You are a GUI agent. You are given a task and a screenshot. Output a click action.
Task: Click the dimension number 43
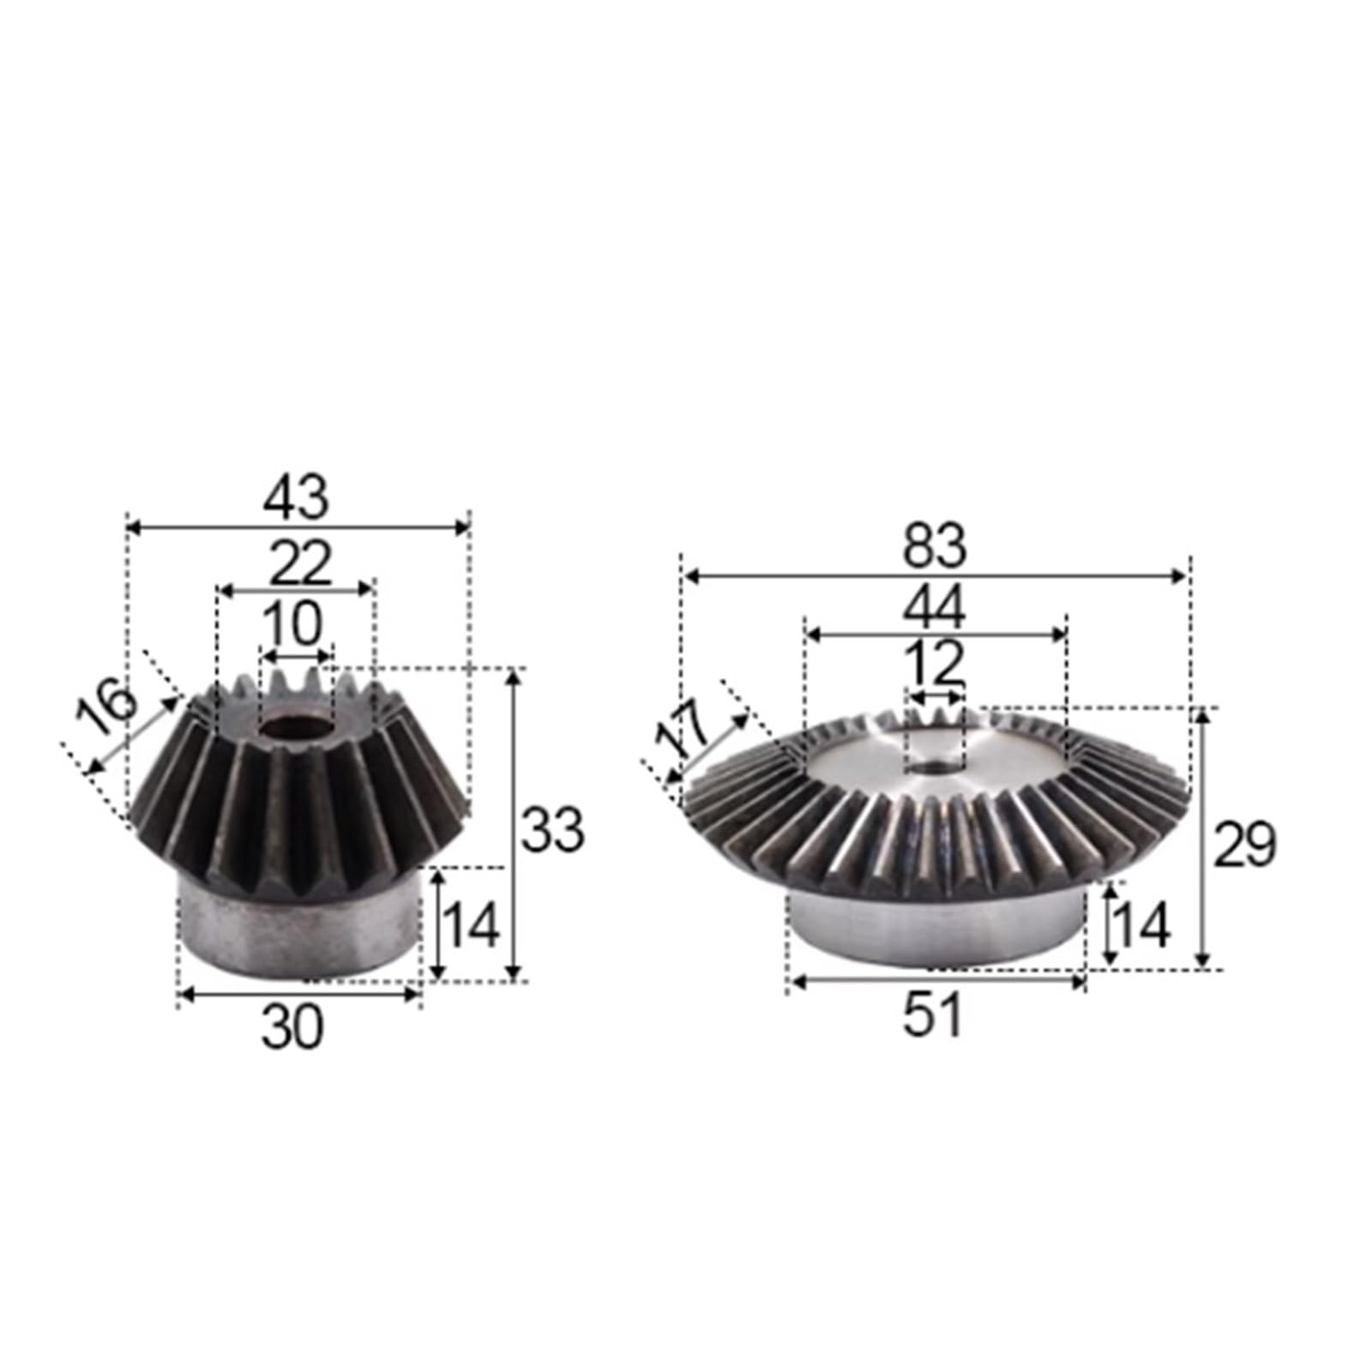pos(296,498)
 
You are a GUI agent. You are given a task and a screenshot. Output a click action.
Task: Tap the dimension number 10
pos(292,624)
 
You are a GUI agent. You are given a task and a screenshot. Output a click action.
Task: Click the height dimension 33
pos(553,829)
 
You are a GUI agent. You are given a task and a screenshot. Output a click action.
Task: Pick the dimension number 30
pos(292,1028)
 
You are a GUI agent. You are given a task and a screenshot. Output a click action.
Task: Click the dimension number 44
pos(934,606)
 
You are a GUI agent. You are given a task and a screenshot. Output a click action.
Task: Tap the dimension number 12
pos(934,663)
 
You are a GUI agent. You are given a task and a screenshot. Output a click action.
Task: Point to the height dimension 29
pos(1244,844)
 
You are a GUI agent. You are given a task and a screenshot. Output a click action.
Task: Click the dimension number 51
pos(934,1015)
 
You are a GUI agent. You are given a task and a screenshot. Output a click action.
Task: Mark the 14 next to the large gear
pos(1140,926)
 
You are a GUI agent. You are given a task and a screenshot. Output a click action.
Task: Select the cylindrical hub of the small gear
pos(296,930)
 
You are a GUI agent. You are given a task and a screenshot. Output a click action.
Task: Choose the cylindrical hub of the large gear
pos(935,930)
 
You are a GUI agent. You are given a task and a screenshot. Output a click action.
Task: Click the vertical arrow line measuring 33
pos(513,823)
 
